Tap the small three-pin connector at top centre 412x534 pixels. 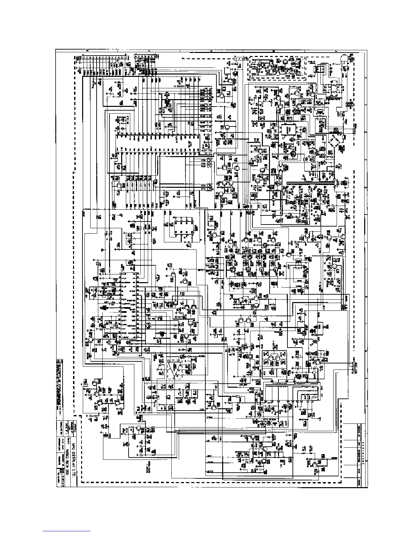(237, 59)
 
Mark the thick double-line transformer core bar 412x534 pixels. (310, 184)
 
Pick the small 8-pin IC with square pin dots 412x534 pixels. (183, 225)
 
